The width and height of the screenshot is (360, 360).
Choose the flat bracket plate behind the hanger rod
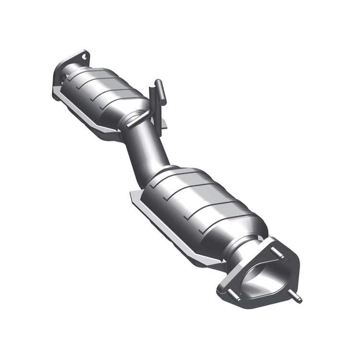click(x=163, y=118)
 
